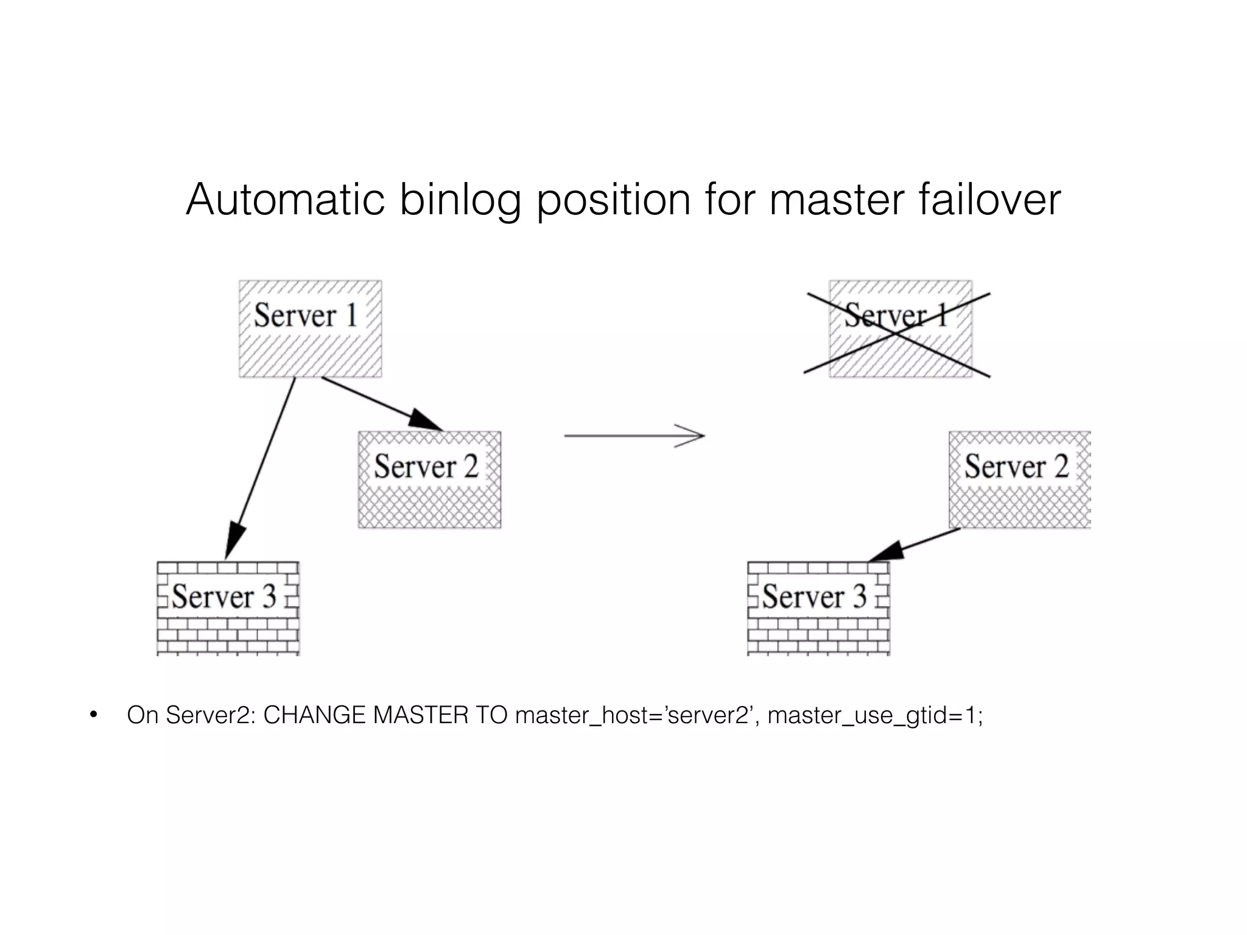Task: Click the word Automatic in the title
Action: (285, 200)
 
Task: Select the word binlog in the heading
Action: (460, 201)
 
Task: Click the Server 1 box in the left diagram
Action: (310, 329)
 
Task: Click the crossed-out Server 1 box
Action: (900, 329)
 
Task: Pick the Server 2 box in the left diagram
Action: (429, 480)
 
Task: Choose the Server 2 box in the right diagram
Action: (1019, 480)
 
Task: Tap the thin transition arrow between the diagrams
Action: (633, 436)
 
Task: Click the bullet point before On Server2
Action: (93, 715)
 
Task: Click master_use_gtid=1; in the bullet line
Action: (875, 715)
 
